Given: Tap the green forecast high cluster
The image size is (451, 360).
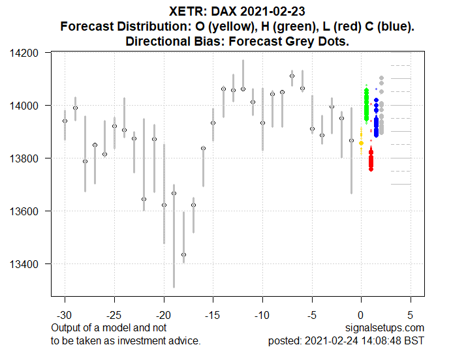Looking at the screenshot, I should [366, 104].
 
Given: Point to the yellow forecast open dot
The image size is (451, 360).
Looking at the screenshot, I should [361, 143].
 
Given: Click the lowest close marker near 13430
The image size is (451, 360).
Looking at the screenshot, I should [183, 254].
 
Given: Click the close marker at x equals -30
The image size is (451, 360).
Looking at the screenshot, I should [65, 121].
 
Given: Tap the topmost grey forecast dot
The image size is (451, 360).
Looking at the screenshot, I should [381, 78].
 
